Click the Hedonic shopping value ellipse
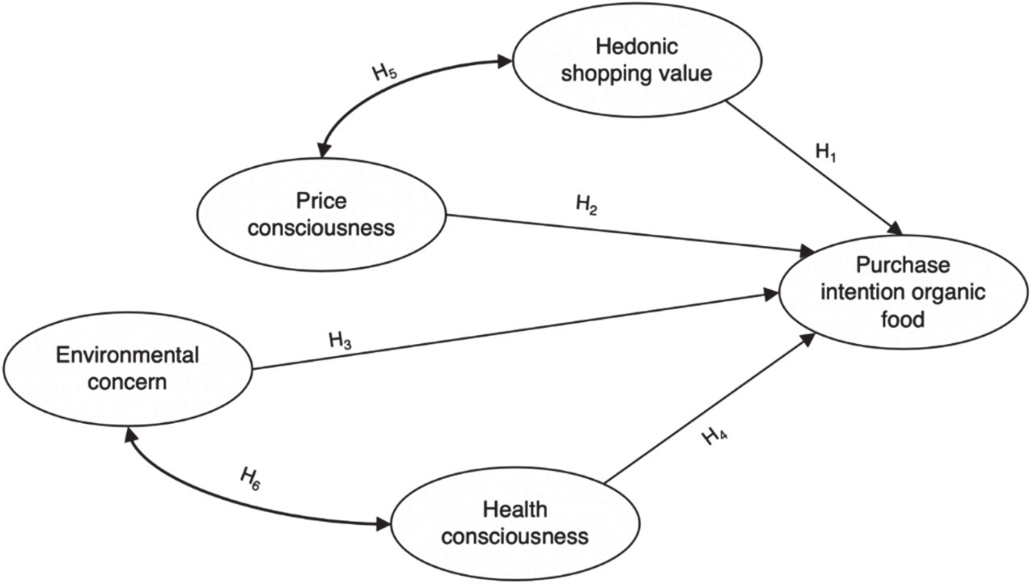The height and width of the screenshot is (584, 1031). [637, 60]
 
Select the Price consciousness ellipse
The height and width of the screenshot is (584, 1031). [321, 214]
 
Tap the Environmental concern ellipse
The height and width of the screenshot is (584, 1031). [127, 369]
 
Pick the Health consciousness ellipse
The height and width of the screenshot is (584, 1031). [515, 523]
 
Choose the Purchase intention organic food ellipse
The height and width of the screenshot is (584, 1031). [903, 292]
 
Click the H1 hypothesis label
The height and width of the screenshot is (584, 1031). [825, 153]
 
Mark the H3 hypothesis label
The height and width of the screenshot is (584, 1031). [340, 341]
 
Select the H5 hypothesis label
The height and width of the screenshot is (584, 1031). [384, 73]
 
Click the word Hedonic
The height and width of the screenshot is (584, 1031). [637, 46]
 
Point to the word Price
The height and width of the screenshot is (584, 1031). [321, 201]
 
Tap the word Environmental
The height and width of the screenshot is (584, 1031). [127, 355]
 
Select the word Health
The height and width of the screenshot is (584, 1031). [515, 510]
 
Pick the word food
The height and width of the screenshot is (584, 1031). [903, 319]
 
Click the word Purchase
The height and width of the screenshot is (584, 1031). [903, 265]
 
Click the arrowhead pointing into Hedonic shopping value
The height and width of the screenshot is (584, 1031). [505, 61]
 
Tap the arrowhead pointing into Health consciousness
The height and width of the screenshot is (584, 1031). [382, 524]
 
